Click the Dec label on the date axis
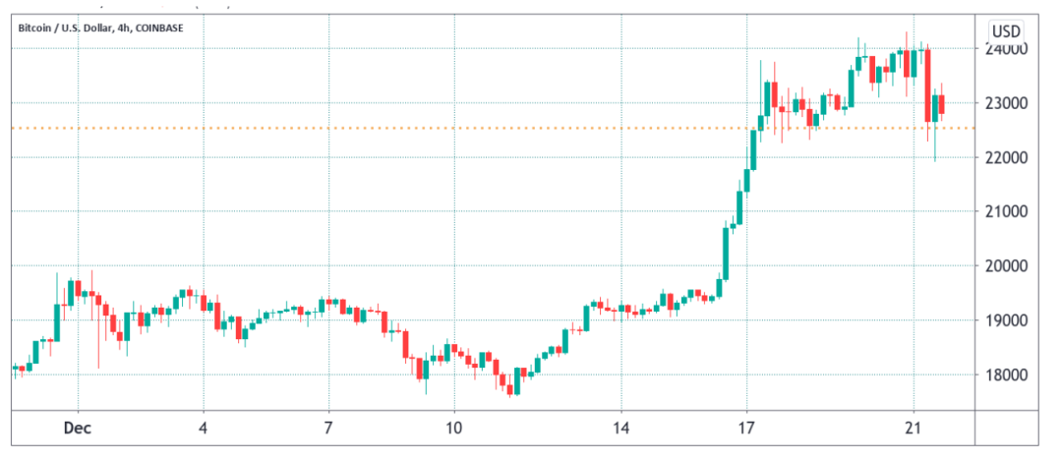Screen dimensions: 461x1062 (78, 428)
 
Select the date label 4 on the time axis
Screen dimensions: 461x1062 (204, 428)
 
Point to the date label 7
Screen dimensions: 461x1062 (328, 428)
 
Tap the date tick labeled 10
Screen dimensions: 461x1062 (454, 428)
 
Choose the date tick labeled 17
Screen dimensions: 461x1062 (746, 428)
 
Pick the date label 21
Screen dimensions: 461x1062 (914, 428)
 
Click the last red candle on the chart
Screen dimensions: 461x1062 (942, 104)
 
